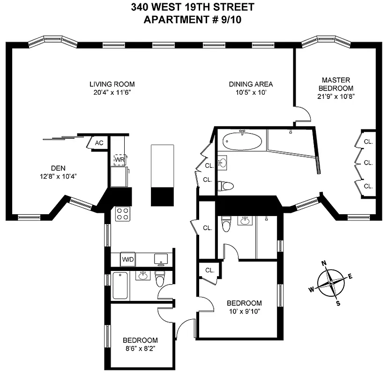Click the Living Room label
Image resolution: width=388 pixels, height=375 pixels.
[112, 84]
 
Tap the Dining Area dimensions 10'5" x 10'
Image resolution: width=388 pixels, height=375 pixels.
[251, 92]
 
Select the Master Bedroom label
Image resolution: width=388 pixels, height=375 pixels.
[336, 84]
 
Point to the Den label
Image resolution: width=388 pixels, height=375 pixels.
[58, 168]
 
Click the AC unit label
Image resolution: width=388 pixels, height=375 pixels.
[99, 143]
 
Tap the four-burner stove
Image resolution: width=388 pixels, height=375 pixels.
[123, 214]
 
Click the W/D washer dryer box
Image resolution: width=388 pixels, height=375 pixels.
[127, 259]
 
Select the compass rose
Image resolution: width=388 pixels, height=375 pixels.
[331, 283]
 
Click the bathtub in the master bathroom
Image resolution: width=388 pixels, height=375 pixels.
[242, 141]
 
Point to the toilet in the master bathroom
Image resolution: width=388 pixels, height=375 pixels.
[227, 186]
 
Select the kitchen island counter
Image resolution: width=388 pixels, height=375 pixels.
[162, 175]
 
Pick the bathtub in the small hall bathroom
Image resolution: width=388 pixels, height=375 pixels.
[120, 286]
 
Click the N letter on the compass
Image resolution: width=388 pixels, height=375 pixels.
[324, 264]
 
